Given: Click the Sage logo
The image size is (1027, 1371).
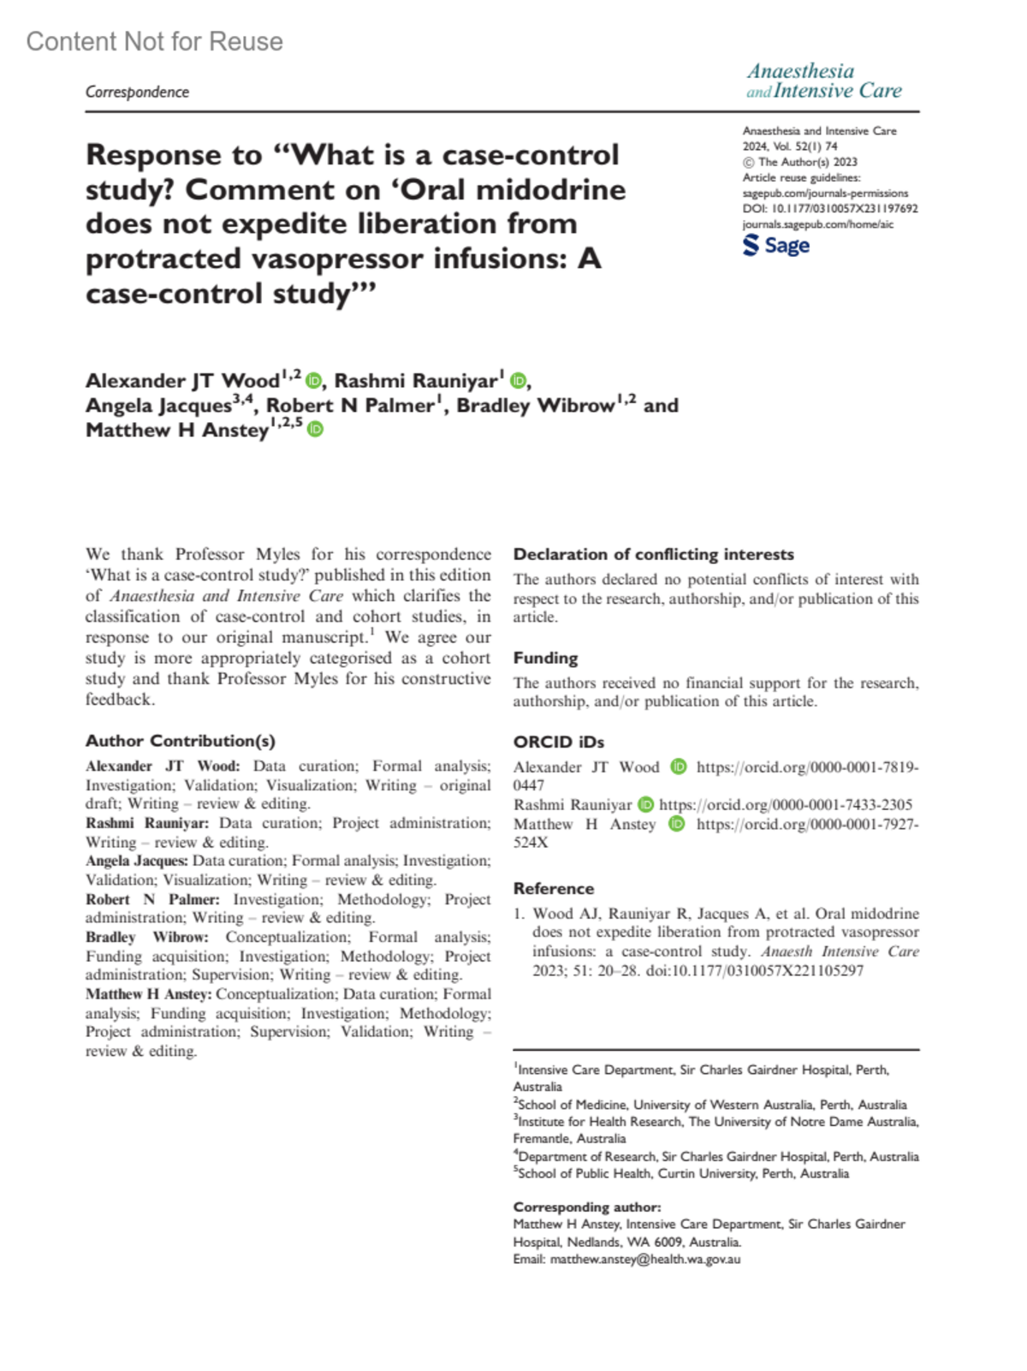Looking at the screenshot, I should [x=775, y=246].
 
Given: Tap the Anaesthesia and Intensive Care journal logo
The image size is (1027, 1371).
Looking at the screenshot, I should [x=823, y=80].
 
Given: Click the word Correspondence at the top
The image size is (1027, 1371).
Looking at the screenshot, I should [x=137, y=92].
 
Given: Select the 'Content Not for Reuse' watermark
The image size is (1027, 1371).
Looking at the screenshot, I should [x=155, y=41].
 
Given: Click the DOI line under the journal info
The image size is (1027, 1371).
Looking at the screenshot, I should [x=829, y=208].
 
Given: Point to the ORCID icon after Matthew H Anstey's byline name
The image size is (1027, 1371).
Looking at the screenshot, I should [x=315, y=429].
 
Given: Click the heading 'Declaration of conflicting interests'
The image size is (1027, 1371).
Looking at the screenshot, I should [x=653, y=554].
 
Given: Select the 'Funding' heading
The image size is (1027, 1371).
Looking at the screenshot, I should [x=545, y=658].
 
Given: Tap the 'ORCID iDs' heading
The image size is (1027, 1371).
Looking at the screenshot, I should [x=558, y=742].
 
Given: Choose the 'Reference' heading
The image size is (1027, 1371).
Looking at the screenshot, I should [x=553, y=888].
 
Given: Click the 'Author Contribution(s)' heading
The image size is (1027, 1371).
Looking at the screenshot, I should [x=180, y=741].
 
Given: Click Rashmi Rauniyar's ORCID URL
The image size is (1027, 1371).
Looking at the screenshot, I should [x=786, y=804].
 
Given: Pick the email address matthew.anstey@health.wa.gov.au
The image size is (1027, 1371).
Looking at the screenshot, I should [x=644, y=1259].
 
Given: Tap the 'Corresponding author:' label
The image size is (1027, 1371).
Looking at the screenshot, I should [x=586, y=1207].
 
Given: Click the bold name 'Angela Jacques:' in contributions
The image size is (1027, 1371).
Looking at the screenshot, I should [x=137, y=861].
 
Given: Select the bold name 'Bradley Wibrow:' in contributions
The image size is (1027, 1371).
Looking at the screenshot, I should [x=146, y=937].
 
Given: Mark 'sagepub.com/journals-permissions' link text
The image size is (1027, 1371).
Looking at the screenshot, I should [x=825, y=193].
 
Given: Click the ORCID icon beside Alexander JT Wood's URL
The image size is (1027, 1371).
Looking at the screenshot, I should [x=678, y=766].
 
